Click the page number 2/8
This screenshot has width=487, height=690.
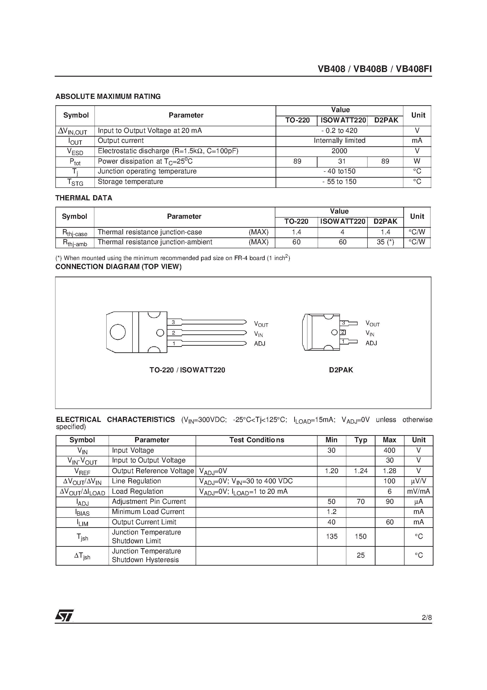click(x=426, y=618)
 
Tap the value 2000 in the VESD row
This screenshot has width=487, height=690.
click(x=339, y=151)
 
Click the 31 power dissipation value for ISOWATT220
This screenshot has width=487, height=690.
click(x=342, y=161)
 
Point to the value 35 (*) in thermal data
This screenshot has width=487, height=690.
click(x=385, y=242)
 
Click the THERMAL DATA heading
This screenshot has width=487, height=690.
click(x=83, y=198)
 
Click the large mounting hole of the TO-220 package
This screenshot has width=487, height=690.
click(x=118, y=332)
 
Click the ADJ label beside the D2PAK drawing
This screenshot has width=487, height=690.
click(x=371, y=343)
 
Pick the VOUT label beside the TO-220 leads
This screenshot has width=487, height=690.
click(x=261, y=324)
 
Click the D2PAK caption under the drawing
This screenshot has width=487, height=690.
click(x=341, y=370)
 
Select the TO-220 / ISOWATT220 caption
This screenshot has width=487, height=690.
click(x=187, y=370)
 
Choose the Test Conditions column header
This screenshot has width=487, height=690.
click(x=256, y=440)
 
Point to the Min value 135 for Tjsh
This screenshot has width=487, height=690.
click(x=331, y=536)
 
